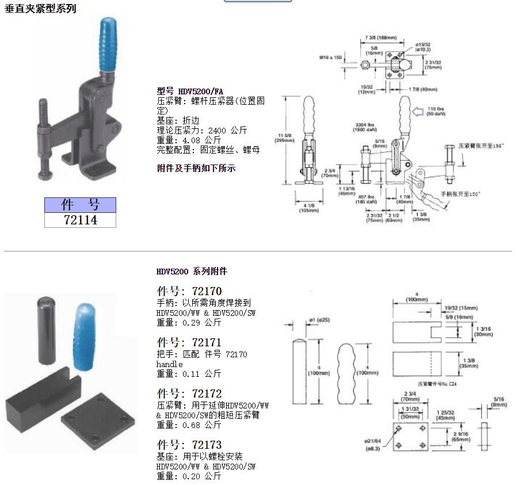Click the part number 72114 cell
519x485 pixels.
click(x=80, y=220)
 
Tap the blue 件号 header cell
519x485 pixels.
click(x=80, y=205)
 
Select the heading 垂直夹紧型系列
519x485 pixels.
click(x=40, y=9)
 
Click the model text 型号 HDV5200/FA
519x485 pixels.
click(x=190, y=91)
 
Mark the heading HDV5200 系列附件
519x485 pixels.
click(x=192, y=271)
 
